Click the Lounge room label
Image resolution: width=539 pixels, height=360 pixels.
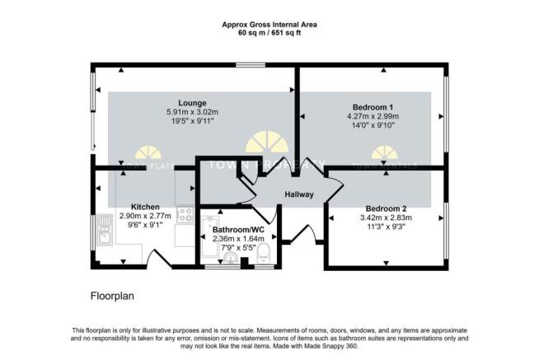point(196,103)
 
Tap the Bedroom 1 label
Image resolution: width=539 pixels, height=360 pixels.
point(373,107)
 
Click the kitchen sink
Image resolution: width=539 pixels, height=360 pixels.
point(105,230)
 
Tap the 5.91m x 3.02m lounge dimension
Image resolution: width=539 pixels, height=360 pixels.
point(196,113)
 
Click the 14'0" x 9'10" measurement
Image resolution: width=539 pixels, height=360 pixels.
point(373,127)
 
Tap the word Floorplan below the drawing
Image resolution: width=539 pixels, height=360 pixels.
point(112,294)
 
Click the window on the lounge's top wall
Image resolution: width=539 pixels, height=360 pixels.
point(245,66)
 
